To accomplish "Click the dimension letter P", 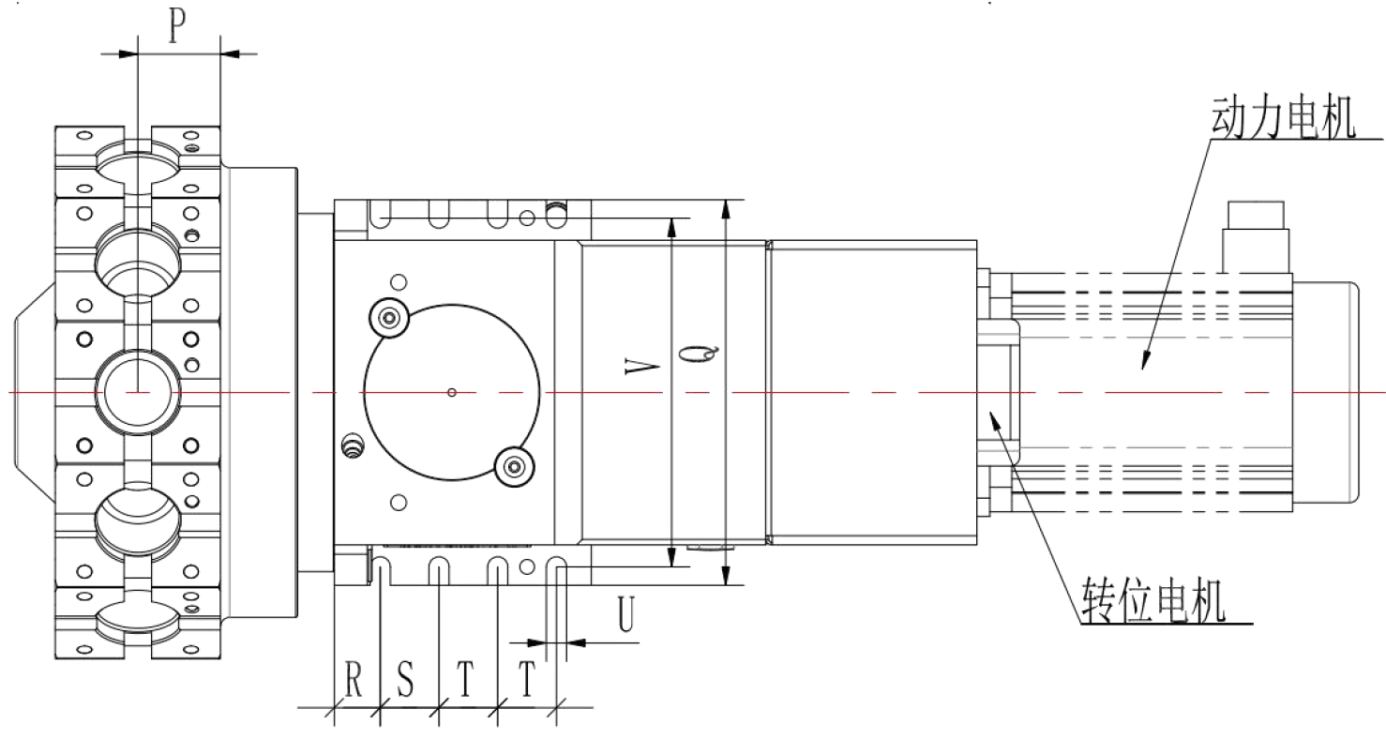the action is tap(177, 26).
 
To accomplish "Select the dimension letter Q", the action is tap(700, 354).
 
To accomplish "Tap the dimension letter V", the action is tap(641, 367).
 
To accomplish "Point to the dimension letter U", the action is tap(626, 614).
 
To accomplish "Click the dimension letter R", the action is tap(354, 679).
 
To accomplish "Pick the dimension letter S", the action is tap(405, 679).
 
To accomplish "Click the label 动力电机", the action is tap(1283, 117).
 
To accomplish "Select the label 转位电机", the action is tap(1153, 599).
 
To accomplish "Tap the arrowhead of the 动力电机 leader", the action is tap(1145, 361).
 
